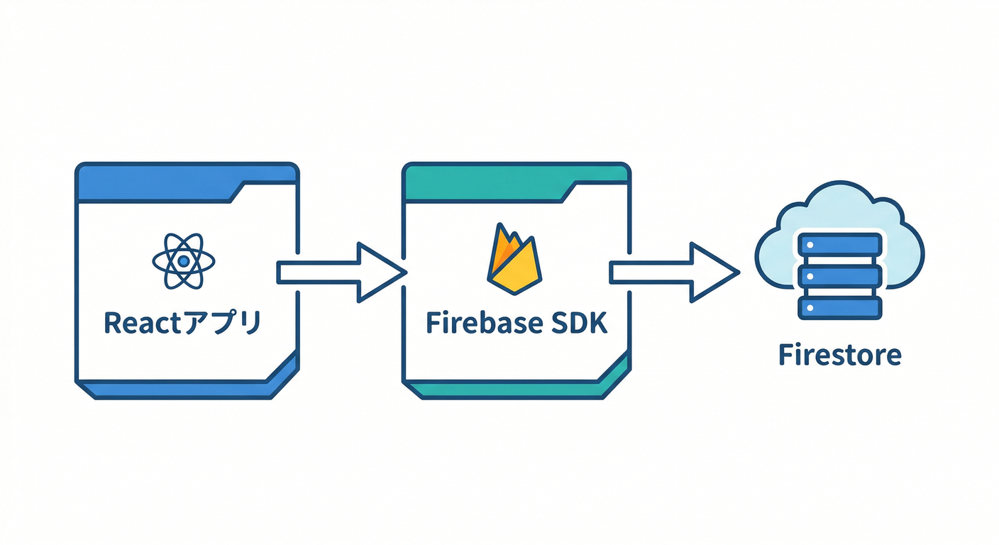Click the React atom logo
[x=184, y=261]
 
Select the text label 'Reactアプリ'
[x=183, y=323]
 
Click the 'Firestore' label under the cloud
[x=840, y=354]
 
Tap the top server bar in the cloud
[x=840, y=244]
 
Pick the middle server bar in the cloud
[x=840, y=276]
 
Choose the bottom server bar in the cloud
[x=840, y=307]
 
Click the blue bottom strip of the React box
[x=177, y=389]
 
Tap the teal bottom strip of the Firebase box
[x=504, y=389]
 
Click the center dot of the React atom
[x=184, y=261]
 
